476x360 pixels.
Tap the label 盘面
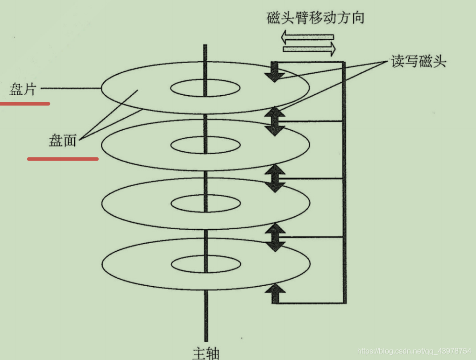(62, 140)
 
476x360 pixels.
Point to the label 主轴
(206, 353)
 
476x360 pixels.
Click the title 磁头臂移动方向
(315, 18)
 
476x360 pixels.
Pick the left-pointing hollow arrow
(307, 36)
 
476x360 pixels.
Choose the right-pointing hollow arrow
(310, 48)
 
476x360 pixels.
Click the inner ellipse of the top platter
(206, 88)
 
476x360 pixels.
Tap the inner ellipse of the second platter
(206, 145)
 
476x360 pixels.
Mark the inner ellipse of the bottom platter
(206, 264)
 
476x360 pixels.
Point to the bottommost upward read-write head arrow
(276, 294)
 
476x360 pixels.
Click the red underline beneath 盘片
(25, 103)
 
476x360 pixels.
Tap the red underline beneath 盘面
(63, 159)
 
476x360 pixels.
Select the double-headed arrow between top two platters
(276, 121)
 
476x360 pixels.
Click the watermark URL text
(414, 351)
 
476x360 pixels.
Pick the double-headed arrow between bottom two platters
(276, 237)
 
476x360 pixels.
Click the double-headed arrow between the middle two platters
(276, 178)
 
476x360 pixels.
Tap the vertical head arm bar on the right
(344, 182)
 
